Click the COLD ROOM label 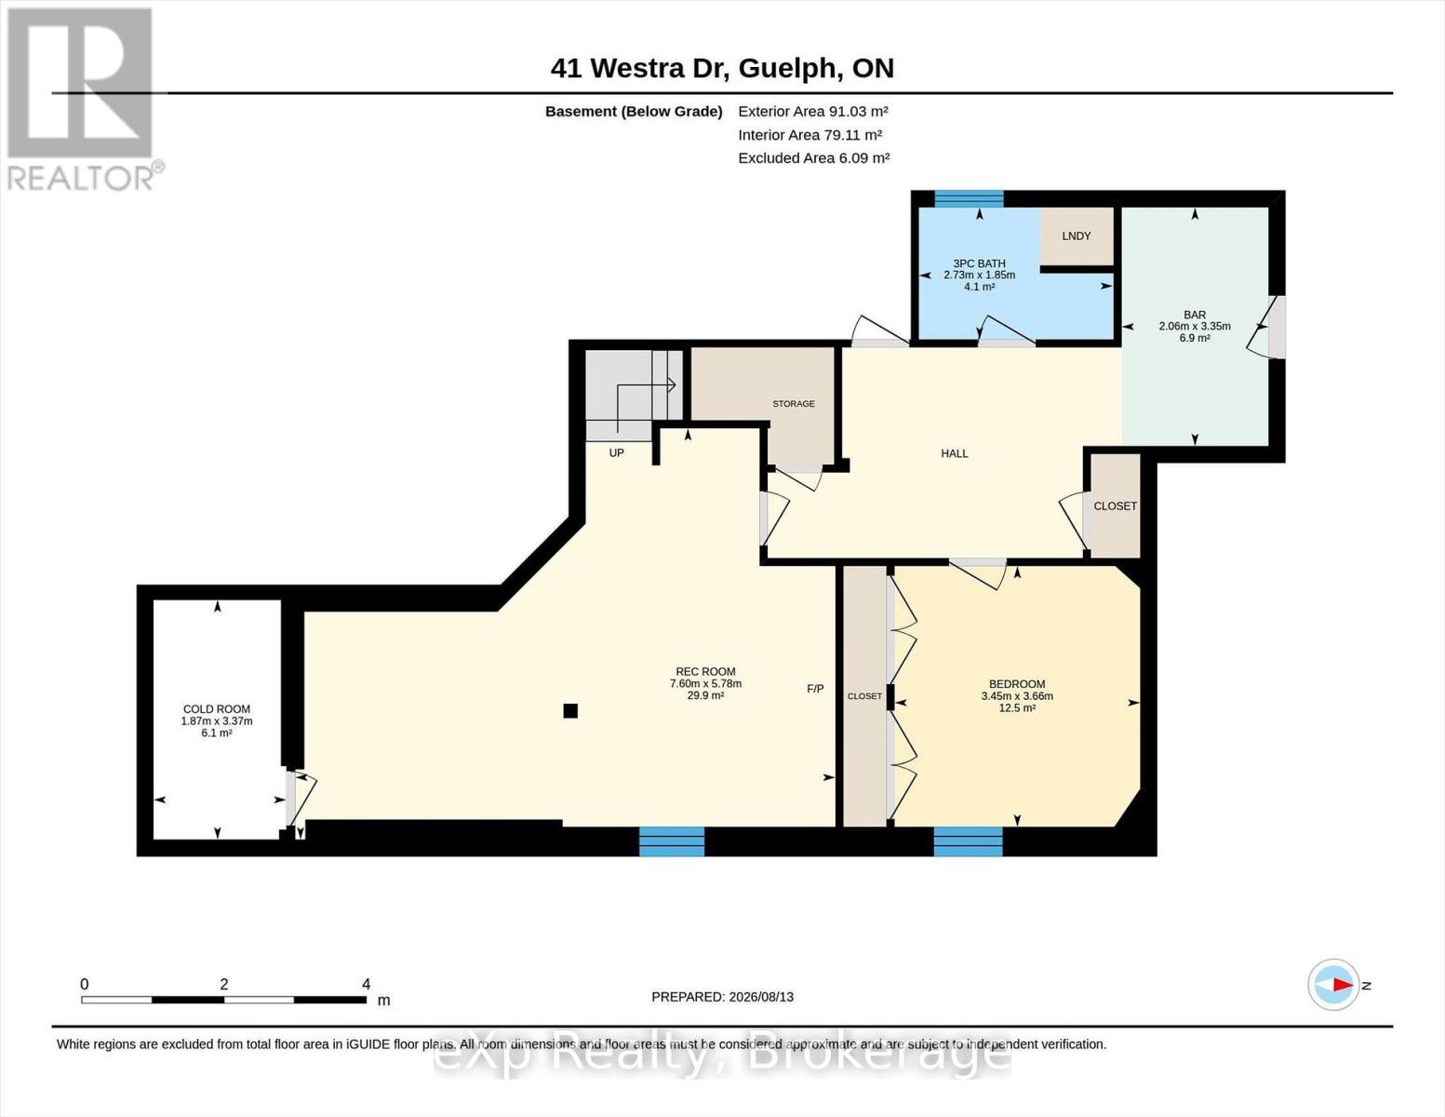tap(217, 709)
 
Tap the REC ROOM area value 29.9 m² tap(705, 695)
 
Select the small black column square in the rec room tap(569, 710)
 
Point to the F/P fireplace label tap(815, 689)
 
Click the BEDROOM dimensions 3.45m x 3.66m tap(1017, 696)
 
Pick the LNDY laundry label tap(1076, 236)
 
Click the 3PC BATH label tap(979, 263)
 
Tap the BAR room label tap(1195, 315)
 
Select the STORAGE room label tap(794, 404)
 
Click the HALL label tap(955, 453)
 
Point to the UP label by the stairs tap(617, 452)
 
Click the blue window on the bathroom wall tap(969, 198)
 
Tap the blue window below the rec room tap(672, 841)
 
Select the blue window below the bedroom tap(969, 841)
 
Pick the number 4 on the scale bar tap(366, 984)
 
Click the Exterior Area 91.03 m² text tap(813, 111)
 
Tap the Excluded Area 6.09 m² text tap(814, 157)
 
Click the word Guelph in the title tap(788, 69)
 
